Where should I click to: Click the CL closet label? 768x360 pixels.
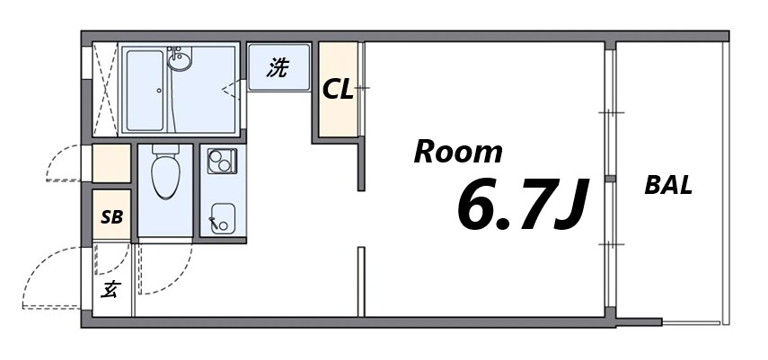(338, 90)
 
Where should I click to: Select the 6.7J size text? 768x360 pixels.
(522, 204)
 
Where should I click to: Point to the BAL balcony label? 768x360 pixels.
(668, 186)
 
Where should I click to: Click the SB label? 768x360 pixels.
(111, 216)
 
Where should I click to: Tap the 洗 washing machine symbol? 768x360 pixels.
(278, 67)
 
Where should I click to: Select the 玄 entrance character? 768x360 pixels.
(110, 289)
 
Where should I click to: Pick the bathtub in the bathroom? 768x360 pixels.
(145, 90)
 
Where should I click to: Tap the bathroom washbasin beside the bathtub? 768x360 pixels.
(180, 61)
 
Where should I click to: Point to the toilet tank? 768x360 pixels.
(165, 151)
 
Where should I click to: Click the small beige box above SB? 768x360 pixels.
(112, 163)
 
